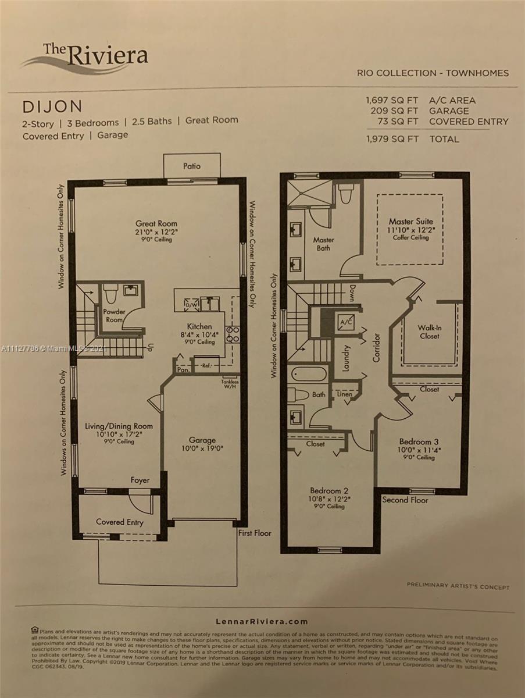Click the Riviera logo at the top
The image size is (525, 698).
point(85,58)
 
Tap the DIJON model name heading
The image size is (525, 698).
point(52,106)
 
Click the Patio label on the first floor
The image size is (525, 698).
point(192,166)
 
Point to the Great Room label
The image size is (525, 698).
point(156,223)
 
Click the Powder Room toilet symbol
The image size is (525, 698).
point(110,291)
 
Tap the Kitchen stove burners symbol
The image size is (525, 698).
point(233,334)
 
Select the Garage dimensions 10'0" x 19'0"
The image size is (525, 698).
point(202,448)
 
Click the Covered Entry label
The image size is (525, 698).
point(119,522)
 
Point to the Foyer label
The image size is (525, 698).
point(140,480)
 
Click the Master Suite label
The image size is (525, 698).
point(410,222)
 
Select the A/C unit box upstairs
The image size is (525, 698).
point(346,322)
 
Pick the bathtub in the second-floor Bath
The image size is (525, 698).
point(308,373)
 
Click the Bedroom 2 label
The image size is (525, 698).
point(329,490)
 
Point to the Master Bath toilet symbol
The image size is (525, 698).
point(345,193)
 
